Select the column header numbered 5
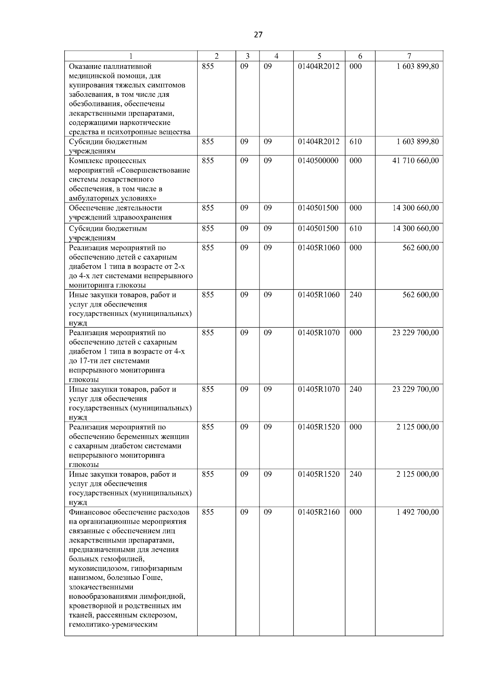pyautogui.click(x=319, y=57)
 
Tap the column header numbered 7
pyautogui.click(x=409, y=57)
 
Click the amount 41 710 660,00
pyautogui.click(x=415, y=161)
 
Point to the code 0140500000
pyautogui.click(x=318, y=161)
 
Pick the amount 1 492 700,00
pyautogui.click(x=417, y=512)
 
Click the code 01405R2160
pyautogui.click(x=319, y=512)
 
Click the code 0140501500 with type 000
pyautogui.click(x=318, y=208)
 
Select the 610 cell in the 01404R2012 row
pyautogui.click(x=355, y=142)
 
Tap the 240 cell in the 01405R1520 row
pyautogui.click(x=355, y=474)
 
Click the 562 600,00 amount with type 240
pyautogui.click(x=421, y=295)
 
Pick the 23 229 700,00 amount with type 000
pyautogui.click(x=415, y=333)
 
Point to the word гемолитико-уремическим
pyautogui.click(x=113, y=625)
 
